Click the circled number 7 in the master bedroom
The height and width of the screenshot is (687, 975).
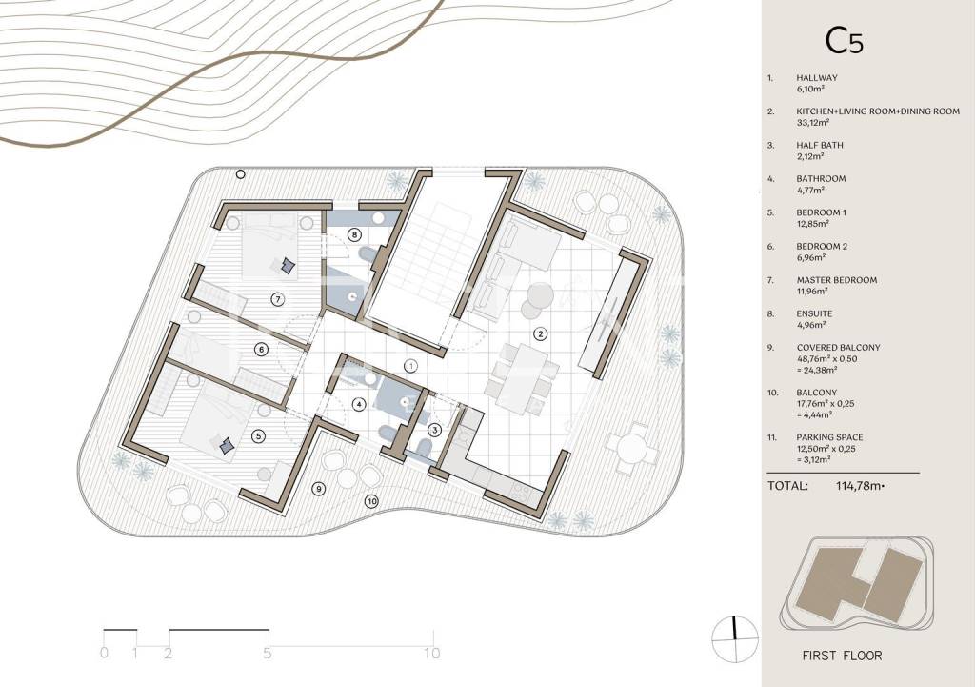[278, 299]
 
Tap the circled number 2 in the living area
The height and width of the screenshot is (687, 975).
[541, 334]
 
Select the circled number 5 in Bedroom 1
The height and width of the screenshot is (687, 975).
[258, 436]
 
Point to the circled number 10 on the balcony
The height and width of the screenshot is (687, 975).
[371, 500]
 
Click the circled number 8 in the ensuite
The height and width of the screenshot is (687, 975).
[354, 234]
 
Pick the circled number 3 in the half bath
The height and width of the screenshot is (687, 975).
[434, 430]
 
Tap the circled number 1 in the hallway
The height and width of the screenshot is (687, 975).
[410, 366]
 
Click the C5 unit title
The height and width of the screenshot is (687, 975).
[844, 41]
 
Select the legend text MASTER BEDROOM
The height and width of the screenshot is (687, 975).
[836, 280]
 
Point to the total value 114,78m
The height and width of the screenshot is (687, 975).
[860, 486]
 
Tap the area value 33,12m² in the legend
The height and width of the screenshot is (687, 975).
[813, 123]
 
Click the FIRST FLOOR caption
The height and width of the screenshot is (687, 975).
[842, 656]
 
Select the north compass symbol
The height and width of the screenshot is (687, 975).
[735, 638]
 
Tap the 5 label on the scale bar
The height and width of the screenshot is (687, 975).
[267, 653]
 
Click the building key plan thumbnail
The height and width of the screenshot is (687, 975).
[856, 583]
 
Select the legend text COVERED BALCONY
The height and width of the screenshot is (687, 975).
[838, 347]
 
